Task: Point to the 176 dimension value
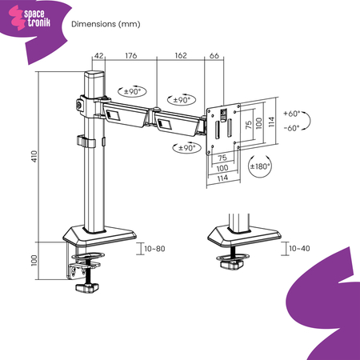click(x=131, y=55)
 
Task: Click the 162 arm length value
click(x=180, y=55)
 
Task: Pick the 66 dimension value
click(x=214, y=55)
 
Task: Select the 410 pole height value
click(x=34, y=156)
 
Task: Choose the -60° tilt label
click(x=291, y=128)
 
